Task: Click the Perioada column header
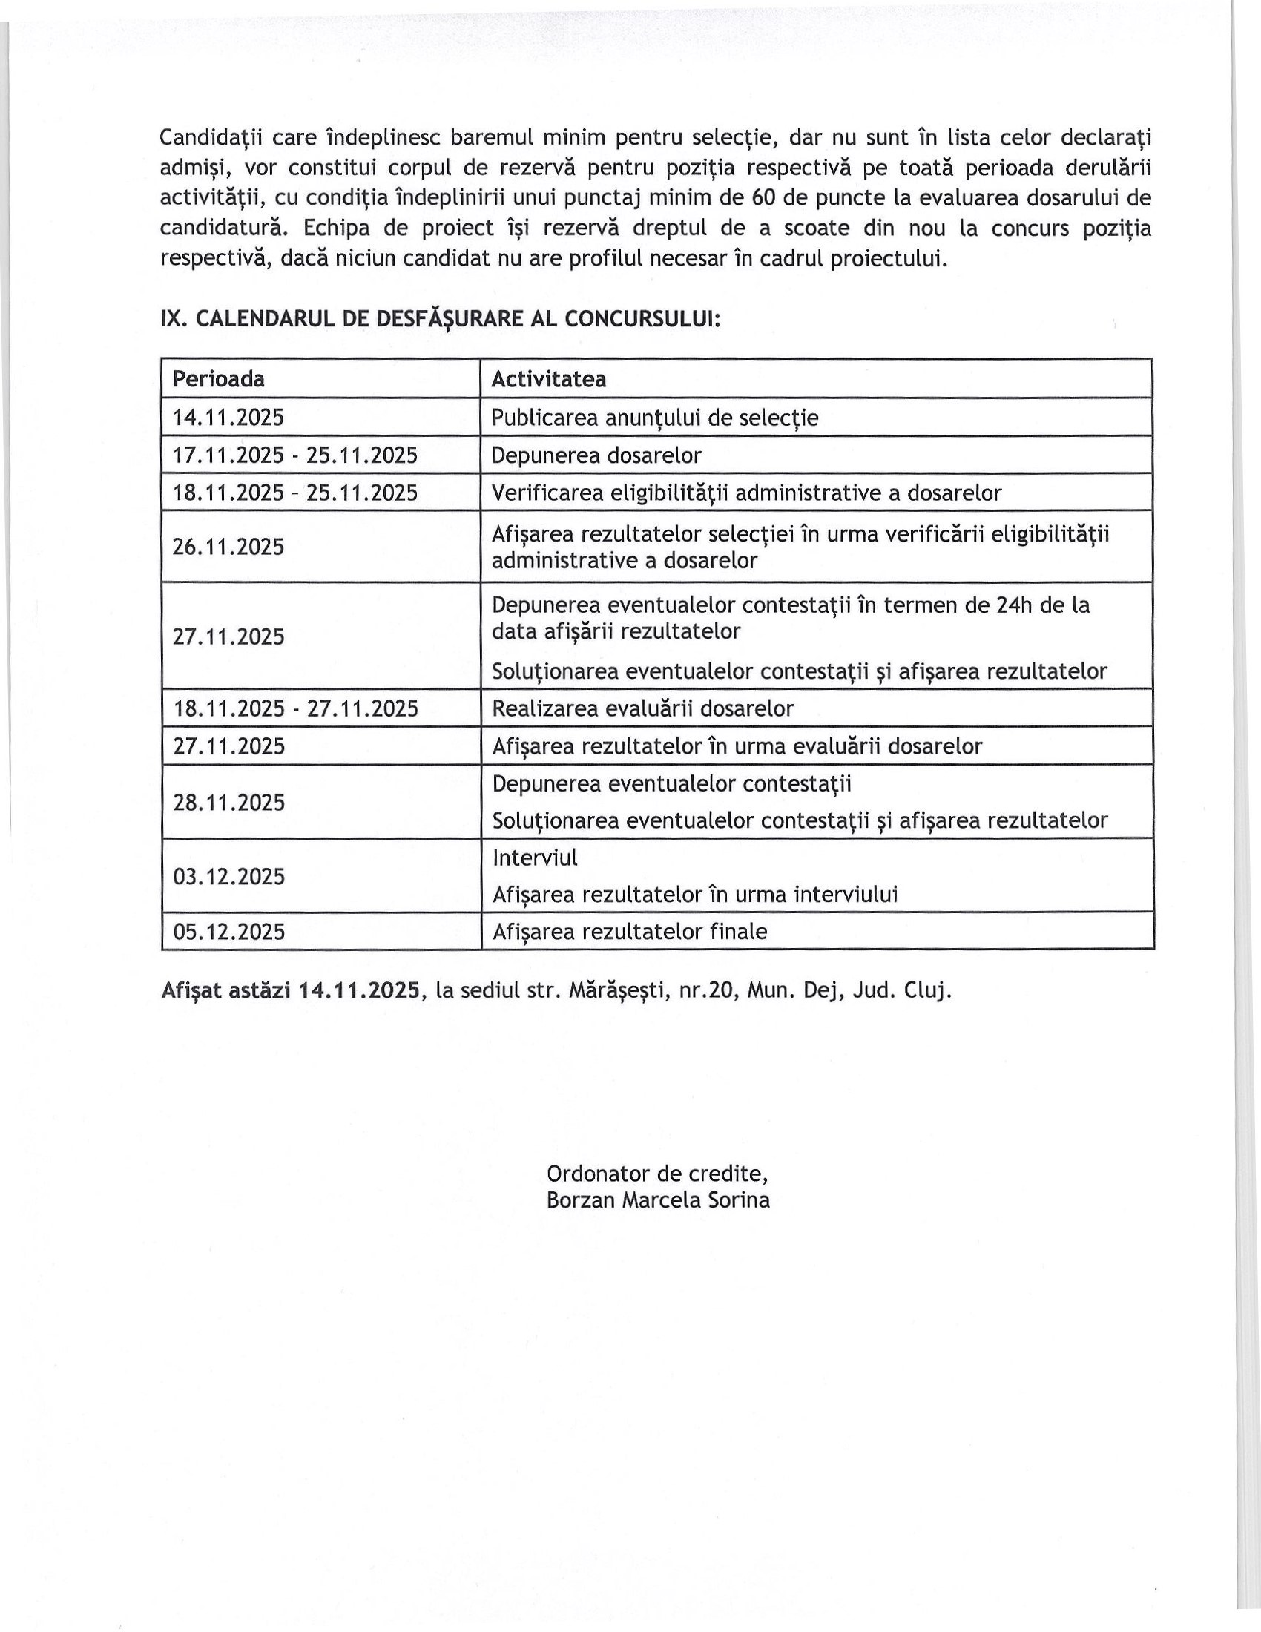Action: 219,380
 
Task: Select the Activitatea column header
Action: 548,380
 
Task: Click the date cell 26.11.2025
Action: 228,547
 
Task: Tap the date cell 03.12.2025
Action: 228,876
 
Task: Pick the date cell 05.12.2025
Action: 228,932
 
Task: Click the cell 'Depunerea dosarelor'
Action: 596,455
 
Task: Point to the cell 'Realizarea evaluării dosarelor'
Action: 642,708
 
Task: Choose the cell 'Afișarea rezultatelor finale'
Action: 630,932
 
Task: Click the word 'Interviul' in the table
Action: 535,857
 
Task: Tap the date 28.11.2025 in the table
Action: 228,803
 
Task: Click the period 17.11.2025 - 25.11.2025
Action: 295,455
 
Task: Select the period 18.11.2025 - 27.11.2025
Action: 296,708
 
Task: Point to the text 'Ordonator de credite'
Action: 657,1174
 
